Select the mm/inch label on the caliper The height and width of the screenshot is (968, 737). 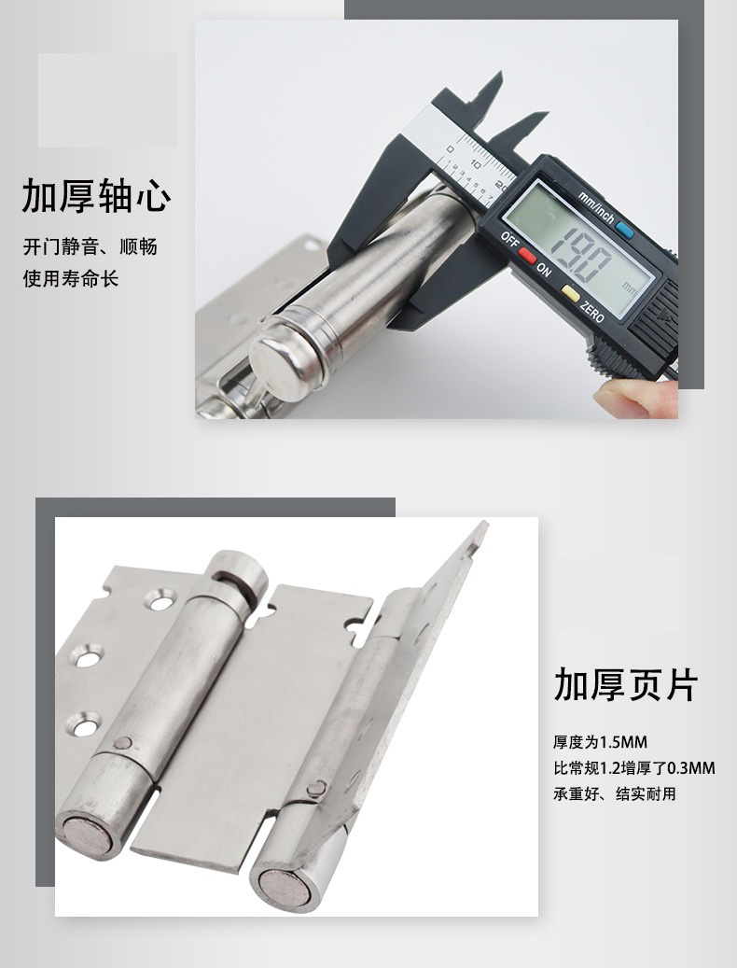[x=594, y=203]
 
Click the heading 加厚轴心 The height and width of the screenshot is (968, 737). [x=97, y=198]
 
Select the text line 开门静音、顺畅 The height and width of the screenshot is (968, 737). [x=90, y=247]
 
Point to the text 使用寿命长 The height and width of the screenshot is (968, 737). [x=71, y=278]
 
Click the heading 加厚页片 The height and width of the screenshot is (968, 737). [x=625, y=684]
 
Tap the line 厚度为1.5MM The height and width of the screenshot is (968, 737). [x=600, y=743]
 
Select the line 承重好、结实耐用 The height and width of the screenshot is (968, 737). [x=614, y=794]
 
